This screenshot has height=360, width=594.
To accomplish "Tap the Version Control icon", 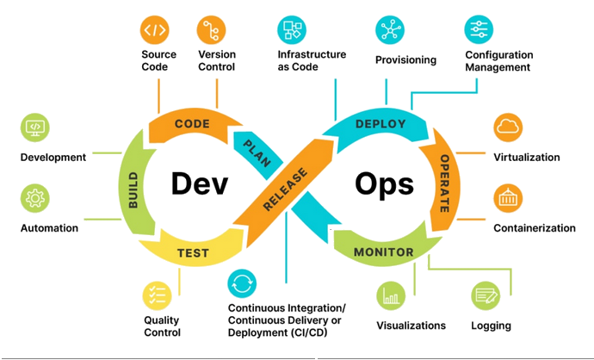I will point(212,30).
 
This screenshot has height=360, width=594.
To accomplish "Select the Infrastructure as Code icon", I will point(292,29).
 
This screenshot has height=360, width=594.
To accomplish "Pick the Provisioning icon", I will point(390,29).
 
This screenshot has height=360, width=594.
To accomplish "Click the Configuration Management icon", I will point(479,29).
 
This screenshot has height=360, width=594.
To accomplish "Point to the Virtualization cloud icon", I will point(508,128).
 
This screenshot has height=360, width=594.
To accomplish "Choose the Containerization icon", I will point(508,198).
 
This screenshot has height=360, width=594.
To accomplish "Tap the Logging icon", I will point(486,296).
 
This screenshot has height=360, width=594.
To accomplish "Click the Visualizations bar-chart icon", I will point(392,296).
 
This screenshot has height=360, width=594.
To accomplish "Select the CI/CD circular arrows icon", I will point(242,283).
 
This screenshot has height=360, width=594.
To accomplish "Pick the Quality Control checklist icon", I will point(157,296).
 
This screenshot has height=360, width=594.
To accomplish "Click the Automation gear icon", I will point(35,199).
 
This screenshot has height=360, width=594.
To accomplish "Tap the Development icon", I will point(35,128).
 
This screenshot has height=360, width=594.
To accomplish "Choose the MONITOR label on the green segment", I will point(383,252).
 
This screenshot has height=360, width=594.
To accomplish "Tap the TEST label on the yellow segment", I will point(192,252).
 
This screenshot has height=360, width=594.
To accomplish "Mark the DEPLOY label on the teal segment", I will point(380,123).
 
